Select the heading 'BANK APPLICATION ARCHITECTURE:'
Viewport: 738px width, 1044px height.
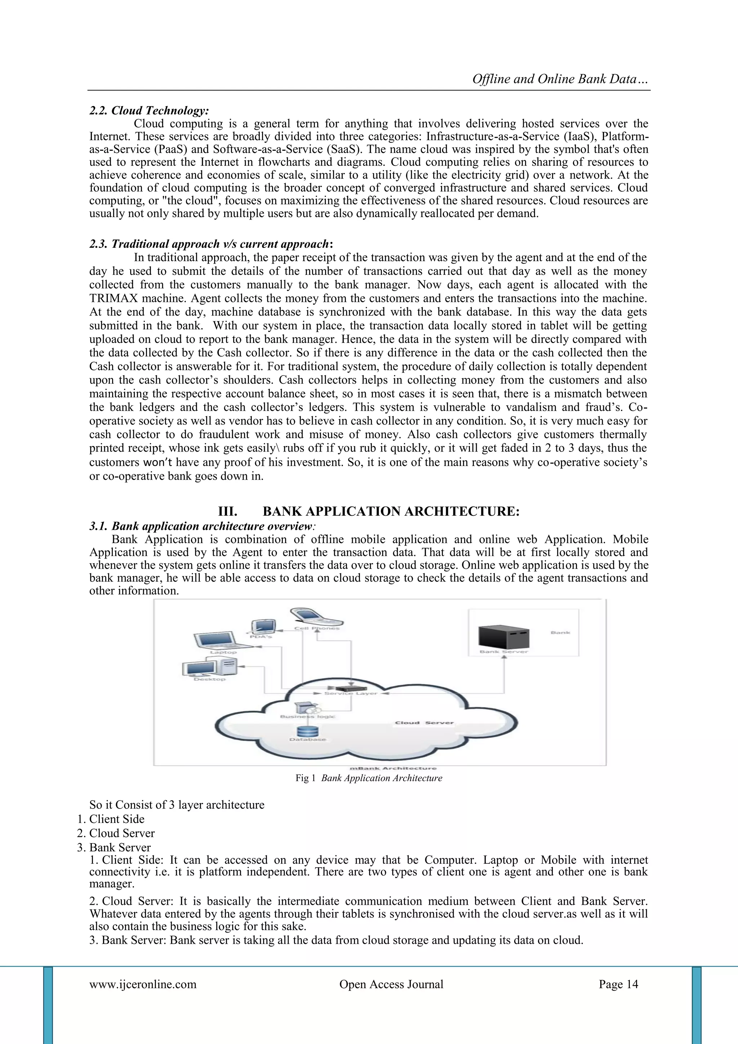[x=391, y=511]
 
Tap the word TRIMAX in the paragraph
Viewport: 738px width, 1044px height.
[x=117, y=298]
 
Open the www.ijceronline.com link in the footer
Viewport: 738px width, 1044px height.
[x=143, y=984]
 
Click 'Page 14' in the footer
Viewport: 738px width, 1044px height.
[x=618, y=984]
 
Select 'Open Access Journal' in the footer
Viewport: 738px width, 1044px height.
[x=391, y=984]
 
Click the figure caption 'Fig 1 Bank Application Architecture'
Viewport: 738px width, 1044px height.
[x=369, y=778]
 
